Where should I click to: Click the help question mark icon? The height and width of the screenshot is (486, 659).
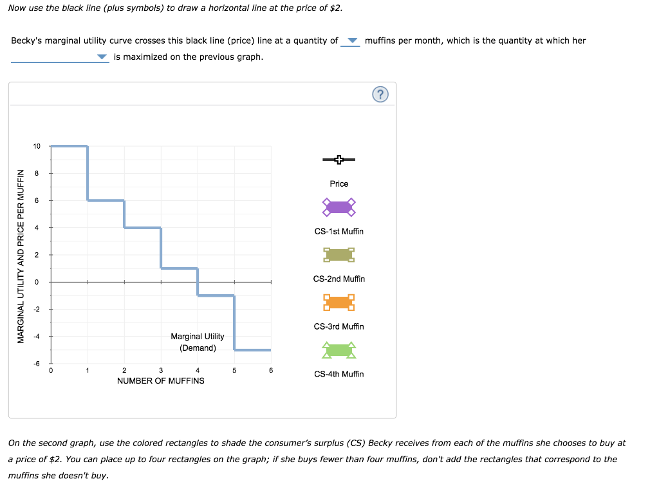coord(380,95)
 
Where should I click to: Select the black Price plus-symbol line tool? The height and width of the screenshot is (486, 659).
coord(339,159)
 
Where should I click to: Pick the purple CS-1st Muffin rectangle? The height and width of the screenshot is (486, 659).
coord(339,207)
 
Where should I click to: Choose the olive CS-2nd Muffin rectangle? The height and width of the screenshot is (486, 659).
coord(339,255)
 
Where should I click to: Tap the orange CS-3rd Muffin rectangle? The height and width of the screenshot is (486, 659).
coord(339,302)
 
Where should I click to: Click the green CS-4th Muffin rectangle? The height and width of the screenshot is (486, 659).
coord(339,350)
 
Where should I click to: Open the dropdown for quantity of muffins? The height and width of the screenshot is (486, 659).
coord(351,41)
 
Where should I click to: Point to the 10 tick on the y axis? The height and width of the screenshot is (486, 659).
coord(37,146)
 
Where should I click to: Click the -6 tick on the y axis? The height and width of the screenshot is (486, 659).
coord(37,364)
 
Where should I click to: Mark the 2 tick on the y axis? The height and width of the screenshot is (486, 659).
coord(37,256)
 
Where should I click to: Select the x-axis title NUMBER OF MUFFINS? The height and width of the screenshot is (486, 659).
coord(161,381)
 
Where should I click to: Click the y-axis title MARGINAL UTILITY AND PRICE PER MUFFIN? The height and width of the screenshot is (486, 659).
coord(21,256)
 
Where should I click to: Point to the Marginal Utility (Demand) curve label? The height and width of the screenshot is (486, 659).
coord(198,342)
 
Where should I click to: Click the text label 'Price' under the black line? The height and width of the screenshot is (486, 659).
coord(339,184)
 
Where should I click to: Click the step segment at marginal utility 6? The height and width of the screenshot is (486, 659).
coord(106,200)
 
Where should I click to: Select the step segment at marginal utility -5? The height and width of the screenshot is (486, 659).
coord(252,350)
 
